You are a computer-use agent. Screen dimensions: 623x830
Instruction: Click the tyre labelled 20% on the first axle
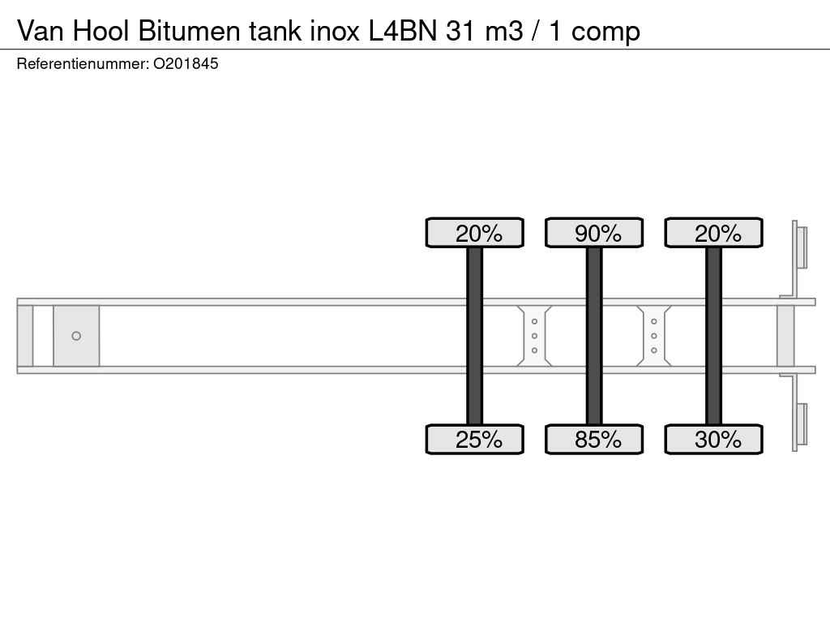(475, 234)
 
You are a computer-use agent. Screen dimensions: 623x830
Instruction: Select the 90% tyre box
(594, 234)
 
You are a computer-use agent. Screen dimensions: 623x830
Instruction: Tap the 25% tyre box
(475, 440)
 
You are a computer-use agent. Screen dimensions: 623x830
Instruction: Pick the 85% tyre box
(594, 440)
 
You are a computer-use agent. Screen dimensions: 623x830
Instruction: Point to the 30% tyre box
(713, 440)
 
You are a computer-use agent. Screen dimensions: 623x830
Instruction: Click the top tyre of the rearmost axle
(713, 234)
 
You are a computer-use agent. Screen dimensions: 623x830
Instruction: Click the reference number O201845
(186, 64)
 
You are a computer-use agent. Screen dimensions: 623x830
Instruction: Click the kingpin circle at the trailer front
(76, 336)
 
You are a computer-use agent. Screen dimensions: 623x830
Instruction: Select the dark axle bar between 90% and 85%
(594, 336)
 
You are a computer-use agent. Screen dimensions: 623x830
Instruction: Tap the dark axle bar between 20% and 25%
(475, 336)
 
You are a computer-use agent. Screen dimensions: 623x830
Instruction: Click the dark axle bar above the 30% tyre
(713, 336)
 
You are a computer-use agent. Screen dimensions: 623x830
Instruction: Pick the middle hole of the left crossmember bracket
(535, 336)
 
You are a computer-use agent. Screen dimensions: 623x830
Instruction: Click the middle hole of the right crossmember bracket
(654, 336)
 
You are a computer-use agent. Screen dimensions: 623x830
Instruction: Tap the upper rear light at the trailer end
(802, 247)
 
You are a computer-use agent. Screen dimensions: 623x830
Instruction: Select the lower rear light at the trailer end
(802, 424)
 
